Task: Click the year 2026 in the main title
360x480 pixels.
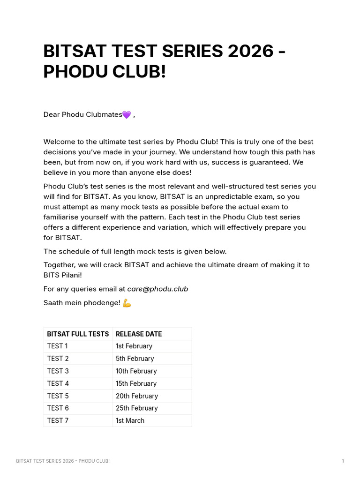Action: pos(251,51)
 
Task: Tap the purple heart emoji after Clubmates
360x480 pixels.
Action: pos(127,115)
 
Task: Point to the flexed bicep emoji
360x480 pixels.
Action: pos(127,303)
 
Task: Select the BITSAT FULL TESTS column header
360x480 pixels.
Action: pos(78,334)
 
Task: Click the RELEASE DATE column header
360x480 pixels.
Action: pos(139,334)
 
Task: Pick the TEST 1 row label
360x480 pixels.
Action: pos(57,346)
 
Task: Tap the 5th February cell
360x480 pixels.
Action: pos(135,359)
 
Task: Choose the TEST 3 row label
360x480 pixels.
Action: pos(58,371)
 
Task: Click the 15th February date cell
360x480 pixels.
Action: pos(136,383)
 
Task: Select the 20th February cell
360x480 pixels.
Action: pos(137,396)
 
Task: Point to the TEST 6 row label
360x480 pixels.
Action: pos(58,408)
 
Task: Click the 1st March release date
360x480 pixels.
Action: pos(130,420)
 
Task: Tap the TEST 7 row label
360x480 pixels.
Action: pos(58,420)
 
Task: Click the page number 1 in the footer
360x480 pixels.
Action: pos(343,461)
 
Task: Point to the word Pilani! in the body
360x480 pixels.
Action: pos(71,275)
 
